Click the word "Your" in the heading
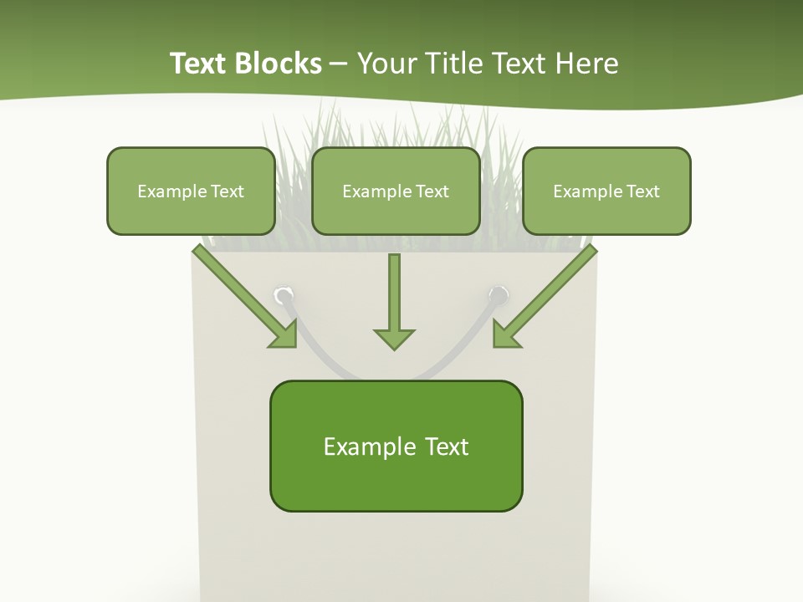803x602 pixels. [x=386, y=64]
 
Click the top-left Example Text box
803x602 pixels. [x=191, y=191]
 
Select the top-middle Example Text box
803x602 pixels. [x=396, y=191]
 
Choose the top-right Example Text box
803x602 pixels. [x=606, y=191]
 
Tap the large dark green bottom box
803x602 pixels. [x=396, y=446]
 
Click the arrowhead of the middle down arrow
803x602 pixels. [x=394, y=338]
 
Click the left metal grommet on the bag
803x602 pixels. [x=284, y=295]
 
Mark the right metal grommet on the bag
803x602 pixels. [x=499, y=294]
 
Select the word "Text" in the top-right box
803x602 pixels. [x=643, y=191]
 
